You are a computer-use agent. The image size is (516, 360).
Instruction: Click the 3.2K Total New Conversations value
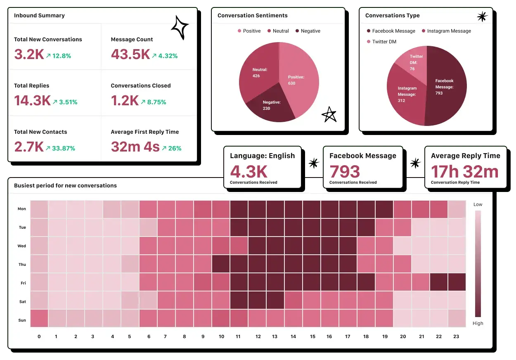point(29,54)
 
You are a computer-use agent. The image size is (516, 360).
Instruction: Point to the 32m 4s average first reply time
point(135,147)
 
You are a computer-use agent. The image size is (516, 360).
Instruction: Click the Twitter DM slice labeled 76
point(414,62)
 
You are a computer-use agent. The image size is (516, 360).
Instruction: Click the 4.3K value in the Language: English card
point(249,172)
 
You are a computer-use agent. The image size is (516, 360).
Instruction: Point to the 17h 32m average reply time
point(465,172)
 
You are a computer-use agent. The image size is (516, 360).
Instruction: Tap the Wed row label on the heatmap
point(21,246)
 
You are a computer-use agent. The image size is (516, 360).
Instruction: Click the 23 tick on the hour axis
point(456,336)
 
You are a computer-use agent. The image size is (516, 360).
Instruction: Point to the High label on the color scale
point(478,323)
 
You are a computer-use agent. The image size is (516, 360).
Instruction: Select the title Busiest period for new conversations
point(65,186)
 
